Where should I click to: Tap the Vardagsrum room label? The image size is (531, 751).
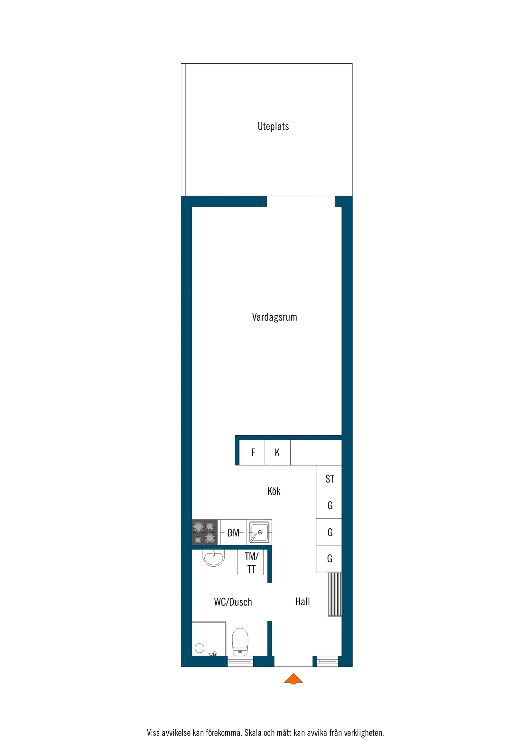(x=274, y=317)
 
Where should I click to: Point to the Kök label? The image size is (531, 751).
(x=274, y=491)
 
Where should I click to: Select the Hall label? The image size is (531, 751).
(x=302, y=601)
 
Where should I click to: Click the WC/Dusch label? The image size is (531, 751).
(x=233, y=602)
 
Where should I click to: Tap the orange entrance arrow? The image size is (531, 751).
(x=293, y=678)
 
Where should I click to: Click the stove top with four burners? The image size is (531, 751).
(x=204, y=532)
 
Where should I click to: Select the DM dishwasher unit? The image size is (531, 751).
(x=233, y=533)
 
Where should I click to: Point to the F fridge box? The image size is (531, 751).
(x=253, y=453)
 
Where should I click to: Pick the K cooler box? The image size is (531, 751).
(x=277, y=453)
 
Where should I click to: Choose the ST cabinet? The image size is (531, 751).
(x=329, y=479)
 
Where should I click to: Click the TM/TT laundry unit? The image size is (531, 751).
(x=251, y=562)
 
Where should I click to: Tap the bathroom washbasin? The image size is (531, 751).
(x=214, y=557)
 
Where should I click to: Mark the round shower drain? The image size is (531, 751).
(x=199, y=648)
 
